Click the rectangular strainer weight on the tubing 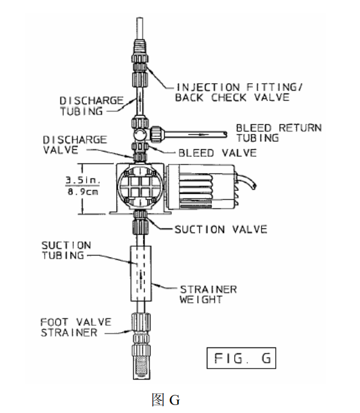tap(141, 273)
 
